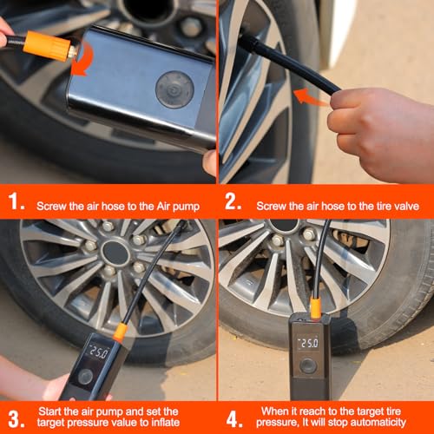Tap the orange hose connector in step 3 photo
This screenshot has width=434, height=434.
[120, 331]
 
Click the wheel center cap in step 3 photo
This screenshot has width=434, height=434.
[115, 252]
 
